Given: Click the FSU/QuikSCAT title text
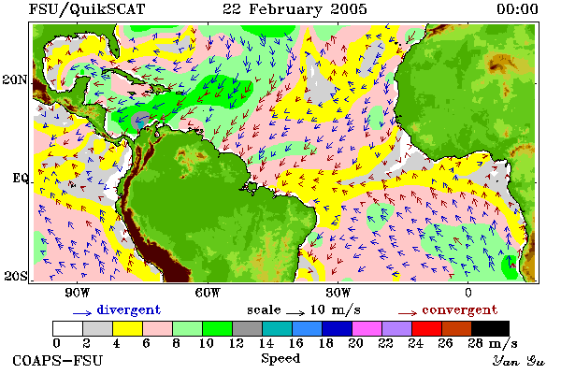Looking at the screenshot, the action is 87,9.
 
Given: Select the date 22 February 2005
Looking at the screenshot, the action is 295,9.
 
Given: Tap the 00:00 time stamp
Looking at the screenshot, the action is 517,9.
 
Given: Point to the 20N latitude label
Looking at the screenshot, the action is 15,79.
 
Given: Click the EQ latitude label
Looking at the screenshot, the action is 20,178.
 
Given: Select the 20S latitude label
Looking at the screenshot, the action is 15,276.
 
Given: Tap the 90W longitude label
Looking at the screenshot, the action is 77,293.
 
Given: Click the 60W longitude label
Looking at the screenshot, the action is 208,293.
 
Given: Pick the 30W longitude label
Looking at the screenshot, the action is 338,293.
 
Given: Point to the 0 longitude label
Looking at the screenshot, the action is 468,293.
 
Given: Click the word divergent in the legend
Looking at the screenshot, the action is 129,309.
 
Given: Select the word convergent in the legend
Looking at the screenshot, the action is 460,309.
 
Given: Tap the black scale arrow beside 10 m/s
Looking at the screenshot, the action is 295,313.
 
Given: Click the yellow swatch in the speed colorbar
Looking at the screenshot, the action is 127,328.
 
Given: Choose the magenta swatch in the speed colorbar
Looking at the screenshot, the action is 367,328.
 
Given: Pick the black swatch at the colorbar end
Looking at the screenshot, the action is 490,328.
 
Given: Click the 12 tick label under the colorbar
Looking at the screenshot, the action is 237,343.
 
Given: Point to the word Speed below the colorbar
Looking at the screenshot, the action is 280,359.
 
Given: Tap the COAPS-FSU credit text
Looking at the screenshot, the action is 58,360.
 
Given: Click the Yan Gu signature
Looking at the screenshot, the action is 519,361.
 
